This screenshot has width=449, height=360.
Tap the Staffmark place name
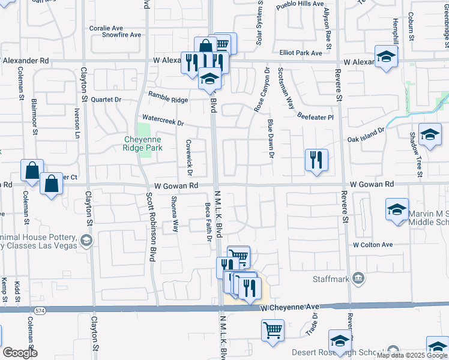coord(330,279)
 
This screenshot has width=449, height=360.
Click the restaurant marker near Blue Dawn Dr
coord(316,160)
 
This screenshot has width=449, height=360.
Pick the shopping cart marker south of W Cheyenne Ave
coord(273,330)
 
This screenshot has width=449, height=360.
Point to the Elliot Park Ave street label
coord(300,53)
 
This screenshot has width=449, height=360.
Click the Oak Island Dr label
coord(366,136)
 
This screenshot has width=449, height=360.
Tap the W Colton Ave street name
coord(372,245)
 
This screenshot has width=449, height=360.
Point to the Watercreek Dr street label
coord(162,120)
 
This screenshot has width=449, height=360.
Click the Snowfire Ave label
coord(121,35)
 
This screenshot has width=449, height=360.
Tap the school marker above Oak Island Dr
coord(430,134)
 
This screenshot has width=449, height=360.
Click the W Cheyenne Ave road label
coord(289,307)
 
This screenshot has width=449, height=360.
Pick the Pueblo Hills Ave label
coord(300,5)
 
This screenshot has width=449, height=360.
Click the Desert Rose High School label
coord(338,352)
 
